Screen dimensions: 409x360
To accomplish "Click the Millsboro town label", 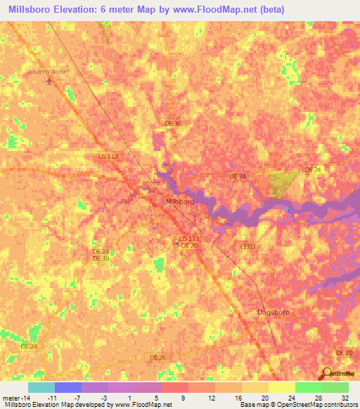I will pos(179,201).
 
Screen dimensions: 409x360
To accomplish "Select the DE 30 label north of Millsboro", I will pos(172,123).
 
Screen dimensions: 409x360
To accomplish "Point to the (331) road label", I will pos(247,245).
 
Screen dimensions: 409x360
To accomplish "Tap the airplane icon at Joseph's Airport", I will pos(49,80).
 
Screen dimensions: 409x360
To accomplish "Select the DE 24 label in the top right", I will pos(313,170).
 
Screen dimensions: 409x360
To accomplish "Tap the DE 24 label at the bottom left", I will pos(28,346).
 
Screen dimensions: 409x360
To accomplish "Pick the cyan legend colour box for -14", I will pos(41,387).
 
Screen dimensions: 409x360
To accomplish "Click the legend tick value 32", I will pos(345,397).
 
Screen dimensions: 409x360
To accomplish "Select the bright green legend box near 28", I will pos(308,387).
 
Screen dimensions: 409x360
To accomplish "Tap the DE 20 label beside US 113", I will pos(188,245).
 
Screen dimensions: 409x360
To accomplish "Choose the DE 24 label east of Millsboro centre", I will pos(238,176).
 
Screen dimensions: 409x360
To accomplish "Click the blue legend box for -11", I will pos(67,387).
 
